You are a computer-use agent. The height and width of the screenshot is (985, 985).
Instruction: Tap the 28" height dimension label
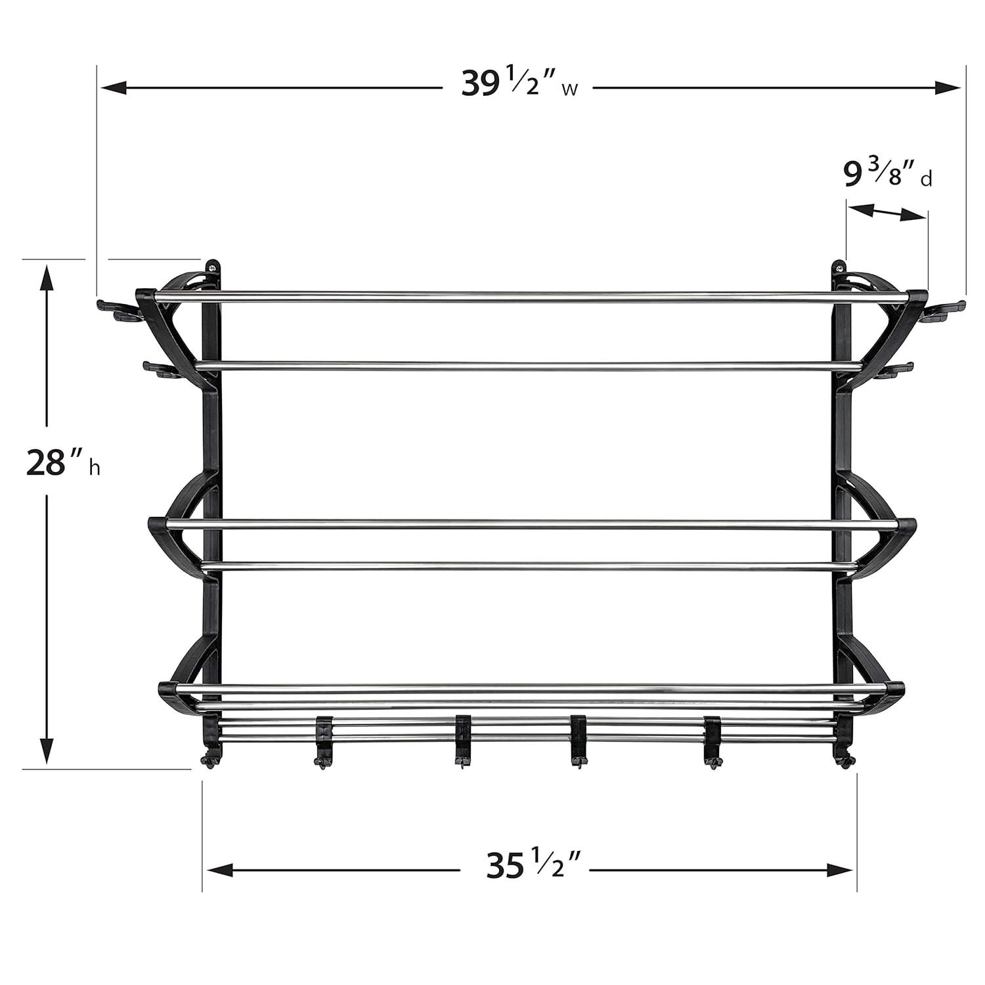tap(62, 464)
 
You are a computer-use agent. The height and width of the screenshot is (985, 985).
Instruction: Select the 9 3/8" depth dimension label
tap(886, 175)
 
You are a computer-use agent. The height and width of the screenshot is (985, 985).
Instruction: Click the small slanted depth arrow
tap(886, 212)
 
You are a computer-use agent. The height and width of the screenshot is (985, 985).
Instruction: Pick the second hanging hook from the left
tap(462, 739)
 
